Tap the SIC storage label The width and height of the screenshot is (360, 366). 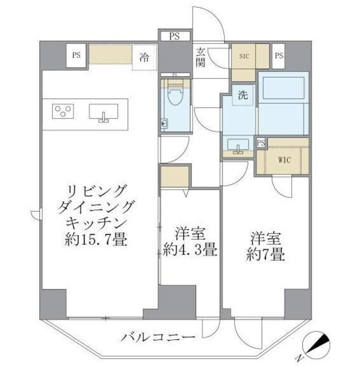(243, 56)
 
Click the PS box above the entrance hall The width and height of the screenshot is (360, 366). (174, 35)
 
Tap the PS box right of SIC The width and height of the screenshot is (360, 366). (279, 55)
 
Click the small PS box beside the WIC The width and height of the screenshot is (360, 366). (261, 142)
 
